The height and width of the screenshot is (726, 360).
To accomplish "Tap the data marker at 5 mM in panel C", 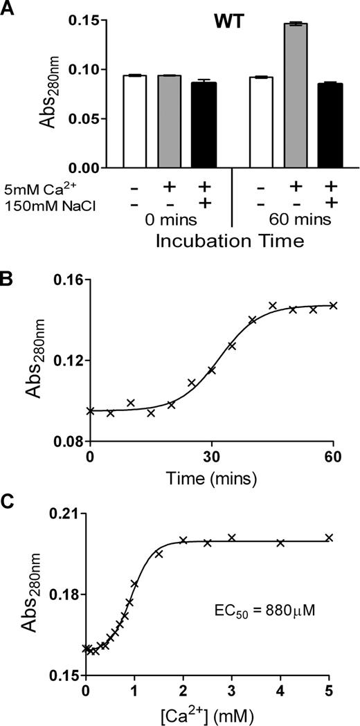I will (330, 538).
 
